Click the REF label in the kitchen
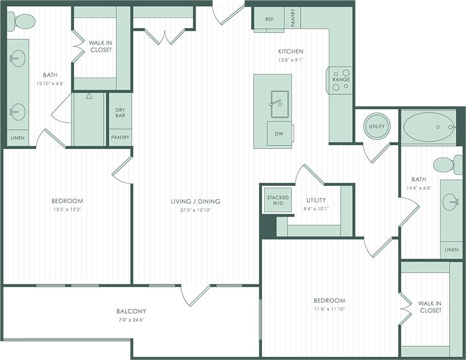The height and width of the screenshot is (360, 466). coord(270,19)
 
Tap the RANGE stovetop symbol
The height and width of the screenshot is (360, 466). coord(340,80)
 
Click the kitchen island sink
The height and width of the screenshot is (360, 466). coord(279,100)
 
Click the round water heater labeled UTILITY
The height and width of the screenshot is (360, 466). coord(377,126)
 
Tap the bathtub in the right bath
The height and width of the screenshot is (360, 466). coord(429,127)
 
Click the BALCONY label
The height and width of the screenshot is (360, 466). coord(131,311)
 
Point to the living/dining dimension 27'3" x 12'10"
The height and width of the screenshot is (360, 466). coord(191,210)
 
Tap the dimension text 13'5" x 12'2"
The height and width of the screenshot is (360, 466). coord(67,209)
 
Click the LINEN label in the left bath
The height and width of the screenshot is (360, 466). coord(18,138)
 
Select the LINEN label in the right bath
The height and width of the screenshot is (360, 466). coord(451,250)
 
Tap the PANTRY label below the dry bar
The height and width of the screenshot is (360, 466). coord(120,138)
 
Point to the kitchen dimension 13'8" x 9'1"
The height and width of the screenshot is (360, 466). coord(291,60)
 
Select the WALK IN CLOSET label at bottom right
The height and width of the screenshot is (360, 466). coord(430,306)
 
